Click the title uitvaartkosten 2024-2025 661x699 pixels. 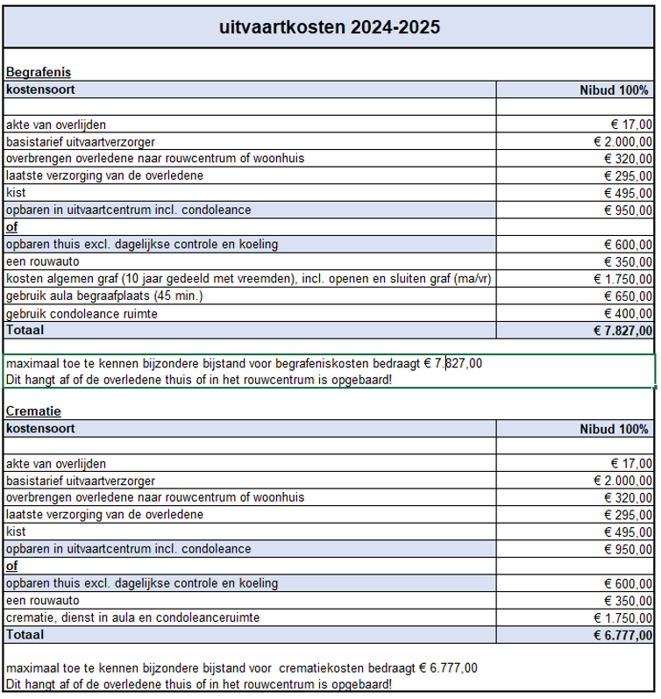(x=330, y=26)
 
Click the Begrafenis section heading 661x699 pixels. (x=38, y=72)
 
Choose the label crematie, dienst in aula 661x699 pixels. (x=132, y=618)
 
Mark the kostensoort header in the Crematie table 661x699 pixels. (x=40, y=428)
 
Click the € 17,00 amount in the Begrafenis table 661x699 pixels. (x=631, y=125)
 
